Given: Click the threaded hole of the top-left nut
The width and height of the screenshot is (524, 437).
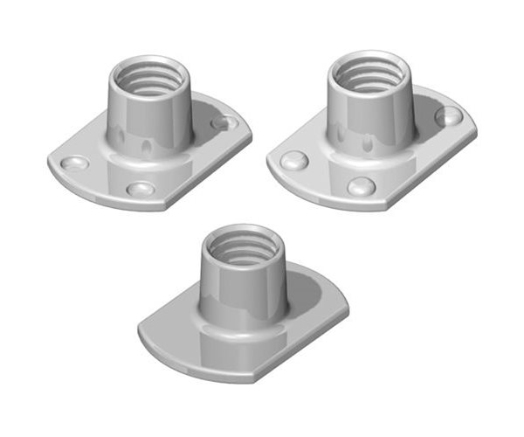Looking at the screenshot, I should (150, 77).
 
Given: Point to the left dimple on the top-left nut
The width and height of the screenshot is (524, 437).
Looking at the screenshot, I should (76, 163).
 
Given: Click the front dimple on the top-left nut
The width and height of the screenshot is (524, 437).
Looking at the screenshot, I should (139, 189).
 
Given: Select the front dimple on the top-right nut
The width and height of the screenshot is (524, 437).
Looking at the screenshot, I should (361, 186).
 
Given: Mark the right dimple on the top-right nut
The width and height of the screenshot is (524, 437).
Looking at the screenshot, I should (448, 115).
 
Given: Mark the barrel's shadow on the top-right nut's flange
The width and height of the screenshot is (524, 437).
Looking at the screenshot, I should (428, 122).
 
